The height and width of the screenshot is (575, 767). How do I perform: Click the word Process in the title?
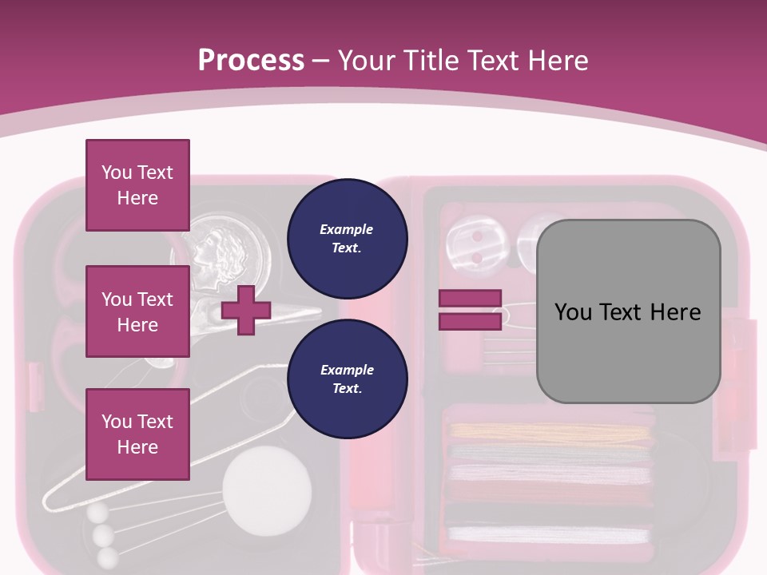[251, 60]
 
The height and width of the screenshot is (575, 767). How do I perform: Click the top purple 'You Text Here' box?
[137, 185]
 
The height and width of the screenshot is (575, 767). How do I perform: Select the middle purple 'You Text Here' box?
[137, 311]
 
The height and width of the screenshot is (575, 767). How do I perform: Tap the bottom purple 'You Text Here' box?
[137, 434]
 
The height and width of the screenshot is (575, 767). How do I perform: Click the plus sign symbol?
[246, 310]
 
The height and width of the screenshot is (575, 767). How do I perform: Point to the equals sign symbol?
[470, 310]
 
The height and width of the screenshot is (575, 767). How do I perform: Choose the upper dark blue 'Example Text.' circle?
[347, 238]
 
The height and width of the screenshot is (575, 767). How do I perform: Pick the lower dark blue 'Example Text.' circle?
[347, 379]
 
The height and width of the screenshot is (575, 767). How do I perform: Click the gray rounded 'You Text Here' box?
[628, 311]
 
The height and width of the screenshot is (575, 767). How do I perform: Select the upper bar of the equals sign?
[470, 299]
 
